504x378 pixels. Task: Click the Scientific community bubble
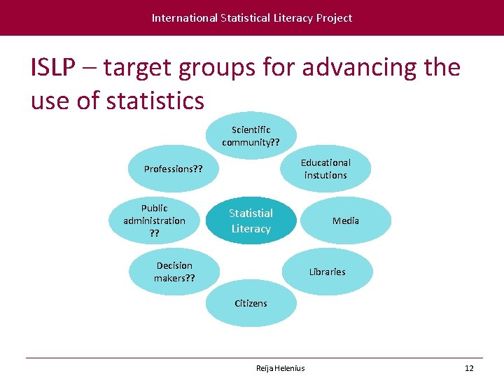point(251,136)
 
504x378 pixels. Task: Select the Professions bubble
point(174,169)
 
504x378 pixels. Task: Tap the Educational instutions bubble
point(325,169)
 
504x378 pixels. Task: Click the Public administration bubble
point(154,220)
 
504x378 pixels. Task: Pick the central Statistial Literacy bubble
point(251,220)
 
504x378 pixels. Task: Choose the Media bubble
point(346,220)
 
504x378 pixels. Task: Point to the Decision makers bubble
point(174,272)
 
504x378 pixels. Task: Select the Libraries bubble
point(327,272)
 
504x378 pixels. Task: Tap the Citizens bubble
point(251,304)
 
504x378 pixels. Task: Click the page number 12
point(469,368)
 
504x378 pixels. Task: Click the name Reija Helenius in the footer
point(280,368)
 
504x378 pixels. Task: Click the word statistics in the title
point(155,101)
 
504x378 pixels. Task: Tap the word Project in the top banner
point(334,17)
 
